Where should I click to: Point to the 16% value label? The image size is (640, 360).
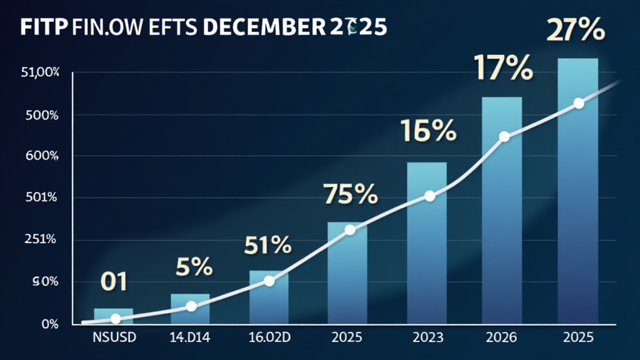pyautogui.click(x=429, y=132)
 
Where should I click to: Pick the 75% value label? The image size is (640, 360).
pyautogui.click(x=350, y=195)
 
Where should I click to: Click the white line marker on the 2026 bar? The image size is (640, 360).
pyautogui.click(x=504, y=137)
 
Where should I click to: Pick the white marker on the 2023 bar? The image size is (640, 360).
pyautogui.click(x=429, y=196)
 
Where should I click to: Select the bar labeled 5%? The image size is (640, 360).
pyautogui.click(x=190, y=309)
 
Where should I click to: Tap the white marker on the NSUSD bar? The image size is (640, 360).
pyautogui.click(x=115, y=319)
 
